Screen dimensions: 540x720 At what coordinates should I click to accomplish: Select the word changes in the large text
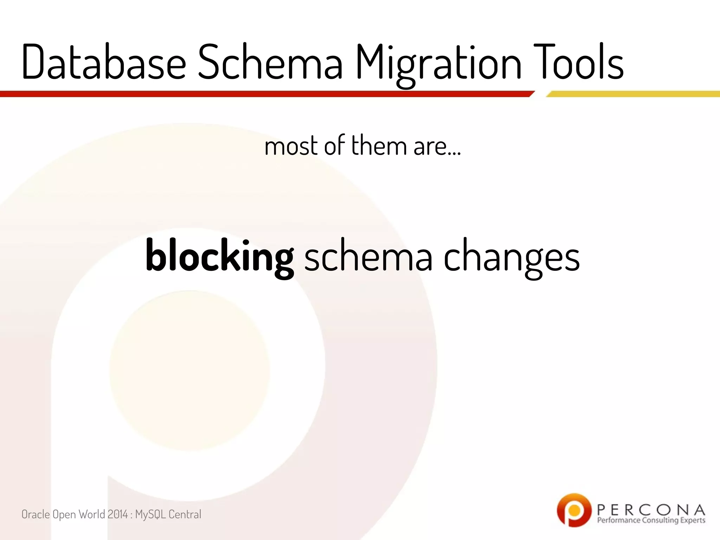click(x=512, y=258)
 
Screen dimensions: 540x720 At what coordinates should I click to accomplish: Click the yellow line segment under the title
click(x=633, y=94)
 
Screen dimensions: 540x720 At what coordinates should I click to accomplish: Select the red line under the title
click(x=264, y=94)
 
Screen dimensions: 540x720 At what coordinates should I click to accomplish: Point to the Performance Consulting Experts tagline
click(x=651, y=520)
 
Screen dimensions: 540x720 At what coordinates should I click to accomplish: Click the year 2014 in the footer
click(x=117, y=514)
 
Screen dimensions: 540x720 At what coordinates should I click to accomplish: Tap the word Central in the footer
click(x=185, y=514)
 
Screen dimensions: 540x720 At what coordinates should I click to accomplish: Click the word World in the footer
click(x=92, y=514)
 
